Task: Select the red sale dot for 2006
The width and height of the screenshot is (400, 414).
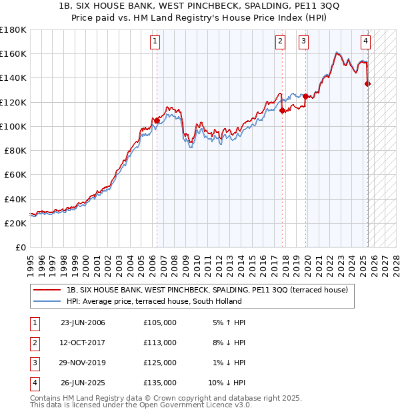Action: pos(157,120)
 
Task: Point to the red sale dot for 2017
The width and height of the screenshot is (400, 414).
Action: pos(282,111)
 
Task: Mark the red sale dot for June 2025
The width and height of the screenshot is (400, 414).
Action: pos(367,83)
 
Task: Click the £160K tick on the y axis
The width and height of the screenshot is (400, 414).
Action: pos(13,54)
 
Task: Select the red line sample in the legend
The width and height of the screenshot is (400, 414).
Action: pos(47,290)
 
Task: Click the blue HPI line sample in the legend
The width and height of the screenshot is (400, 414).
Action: pos(47,301)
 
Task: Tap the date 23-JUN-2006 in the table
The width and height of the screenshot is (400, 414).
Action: pos(83,323)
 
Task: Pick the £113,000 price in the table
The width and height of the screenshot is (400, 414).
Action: pos(160,343)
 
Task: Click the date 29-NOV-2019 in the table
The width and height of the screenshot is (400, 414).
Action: pos(83,363)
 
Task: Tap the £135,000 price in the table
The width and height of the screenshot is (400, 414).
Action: pos(160,383)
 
